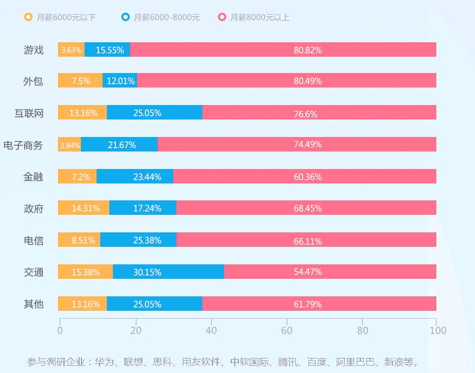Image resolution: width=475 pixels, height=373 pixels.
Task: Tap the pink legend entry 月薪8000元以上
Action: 254,17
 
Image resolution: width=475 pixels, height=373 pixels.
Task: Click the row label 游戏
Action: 33,49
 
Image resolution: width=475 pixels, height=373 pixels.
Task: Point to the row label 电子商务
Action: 23,145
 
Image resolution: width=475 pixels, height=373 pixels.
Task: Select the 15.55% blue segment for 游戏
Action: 107,50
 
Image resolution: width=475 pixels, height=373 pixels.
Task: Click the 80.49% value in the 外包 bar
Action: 308,81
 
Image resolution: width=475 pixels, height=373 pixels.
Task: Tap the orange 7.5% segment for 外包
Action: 80,81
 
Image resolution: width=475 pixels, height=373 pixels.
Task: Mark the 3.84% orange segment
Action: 69,145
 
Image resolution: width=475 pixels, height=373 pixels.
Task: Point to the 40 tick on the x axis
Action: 211,330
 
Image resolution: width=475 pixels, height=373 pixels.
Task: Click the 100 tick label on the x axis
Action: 438,330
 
